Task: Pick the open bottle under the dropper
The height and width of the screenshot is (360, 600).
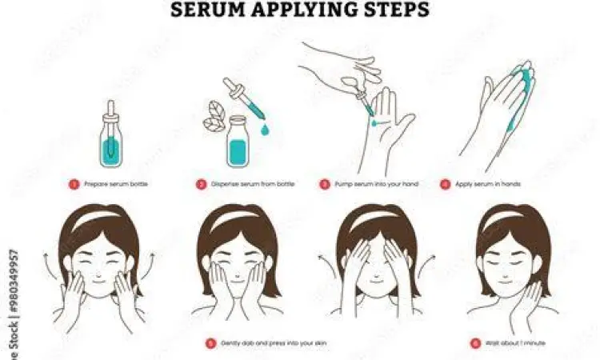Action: click(x=237, y=142)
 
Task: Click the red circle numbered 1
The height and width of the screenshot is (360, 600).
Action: click(x=74, y=184)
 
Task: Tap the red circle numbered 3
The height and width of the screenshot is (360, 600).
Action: click(x=324, y=184)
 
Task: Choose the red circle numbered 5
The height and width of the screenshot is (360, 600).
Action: click(x=210, y=343)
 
